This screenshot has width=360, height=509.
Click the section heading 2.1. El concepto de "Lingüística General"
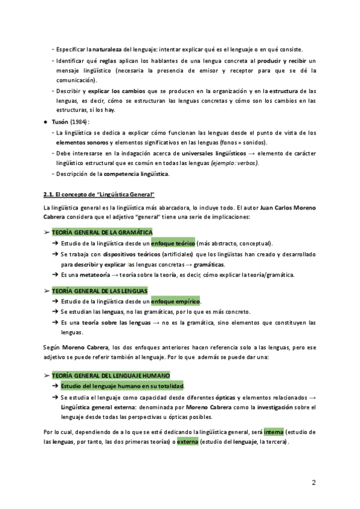99,194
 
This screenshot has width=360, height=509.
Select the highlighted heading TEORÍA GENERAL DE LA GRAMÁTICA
102,232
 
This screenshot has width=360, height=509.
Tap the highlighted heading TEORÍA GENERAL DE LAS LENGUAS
100,290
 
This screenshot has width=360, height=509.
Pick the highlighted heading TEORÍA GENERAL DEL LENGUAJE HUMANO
111,375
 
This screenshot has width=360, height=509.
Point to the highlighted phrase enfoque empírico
176,301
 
